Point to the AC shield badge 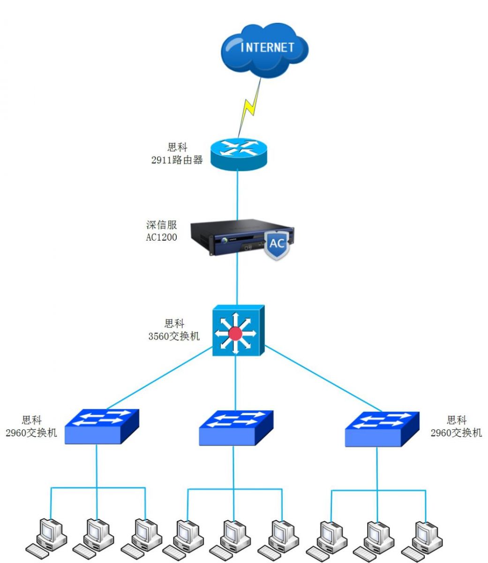277,243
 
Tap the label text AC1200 161,237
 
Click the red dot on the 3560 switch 235,334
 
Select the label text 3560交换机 174,336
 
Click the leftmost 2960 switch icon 102,426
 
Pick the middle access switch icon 236,427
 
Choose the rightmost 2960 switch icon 382,428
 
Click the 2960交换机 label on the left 31,433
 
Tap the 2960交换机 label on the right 456,433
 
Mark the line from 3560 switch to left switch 159,379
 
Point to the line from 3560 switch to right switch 323,379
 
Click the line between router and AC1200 238,195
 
